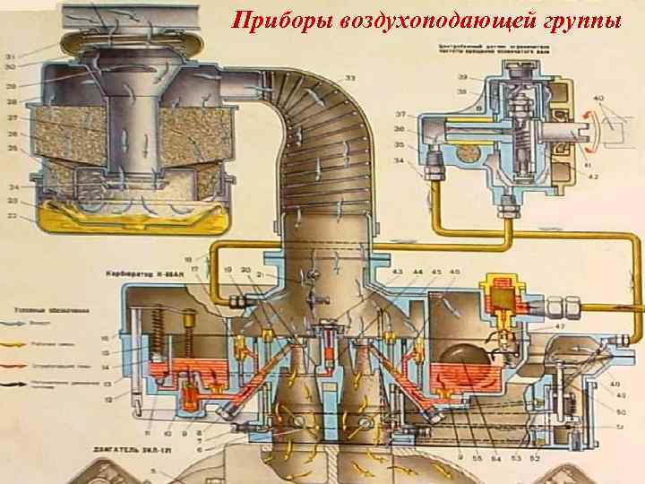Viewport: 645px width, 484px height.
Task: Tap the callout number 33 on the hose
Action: click(x=349, y=78)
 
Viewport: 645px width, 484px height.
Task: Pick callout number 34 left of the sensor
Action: click(x=399, y=162)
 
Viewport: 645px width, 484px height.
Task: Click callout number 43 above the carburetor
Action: click(x=397, y=271)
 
